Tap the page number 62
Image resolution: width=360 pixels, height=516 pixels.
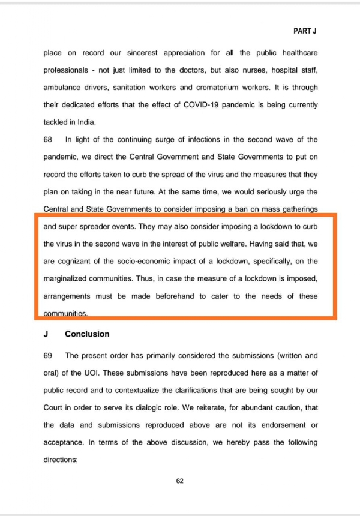click(179, 480)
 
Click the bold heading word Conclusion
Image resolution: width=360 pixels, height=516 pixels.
click(87, 334)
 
